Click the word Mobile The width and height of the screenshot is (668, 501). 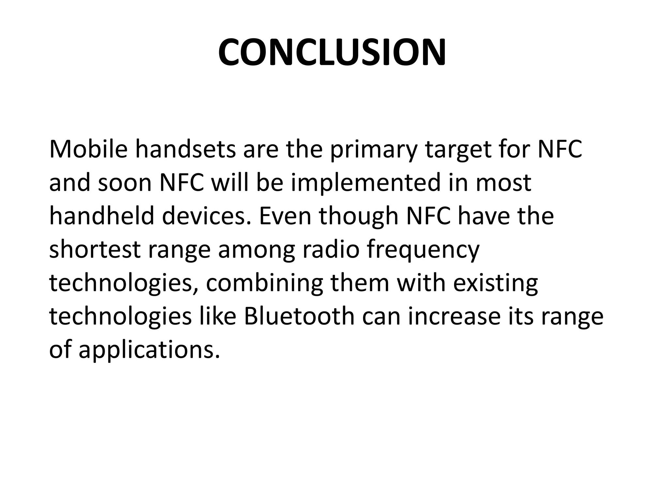point(88,149)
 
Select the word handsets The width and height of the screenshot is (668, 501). point(185,149)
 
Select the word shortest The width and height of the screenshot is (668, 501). point(95,250)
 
